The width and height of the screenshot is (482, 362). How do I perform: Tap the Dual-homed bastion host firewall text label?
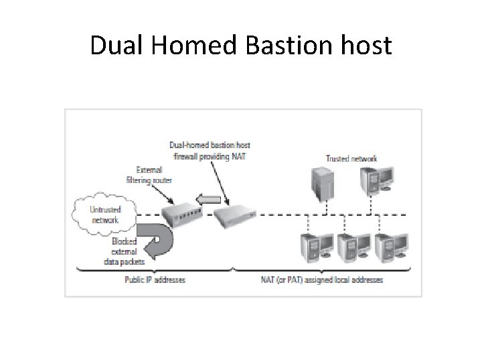[x=210, y=149]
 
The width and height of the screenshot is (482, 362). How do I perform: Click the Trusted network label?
[x=351, y=158]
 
